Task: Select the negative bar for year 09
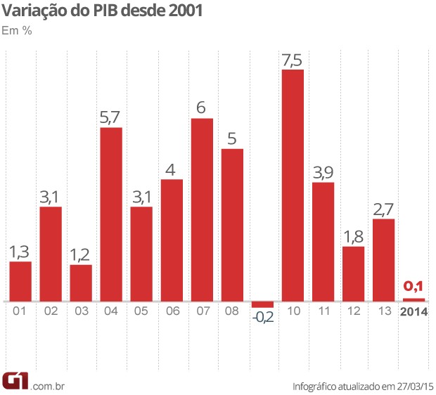[262, 304]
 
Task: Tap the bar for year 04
[111, 214]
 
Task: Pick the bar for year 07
[202, 209]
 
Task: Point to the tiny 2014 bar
[414, 299]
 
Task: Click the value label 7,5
[293, 60]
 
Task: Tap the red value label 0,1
[414, 287]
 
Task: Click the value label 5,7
[111, 118]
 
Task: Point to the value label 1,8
[354, 237]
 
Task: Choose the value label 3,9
[323, 173]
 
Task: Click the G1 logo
[15, 380]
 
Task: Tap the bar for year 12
[354, 273]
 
